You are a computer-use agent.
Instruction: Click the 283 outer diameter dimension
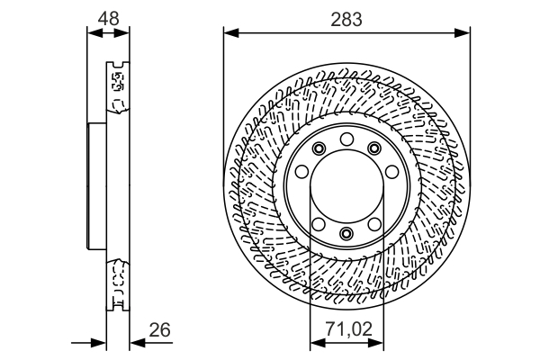tap(346, 18)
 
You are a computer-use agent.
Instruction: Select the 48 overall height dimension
tap(108, 18)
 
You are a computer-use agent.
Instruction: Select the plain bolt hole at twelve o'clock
tap(346, 138)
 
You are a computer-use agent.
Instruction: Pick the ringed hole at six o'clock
tap(346, 235)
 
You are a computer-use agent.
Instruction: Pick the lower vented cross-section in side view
tap(116, 283)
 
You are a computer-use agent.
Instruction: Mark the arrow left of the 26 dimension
tap(98, 342)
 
